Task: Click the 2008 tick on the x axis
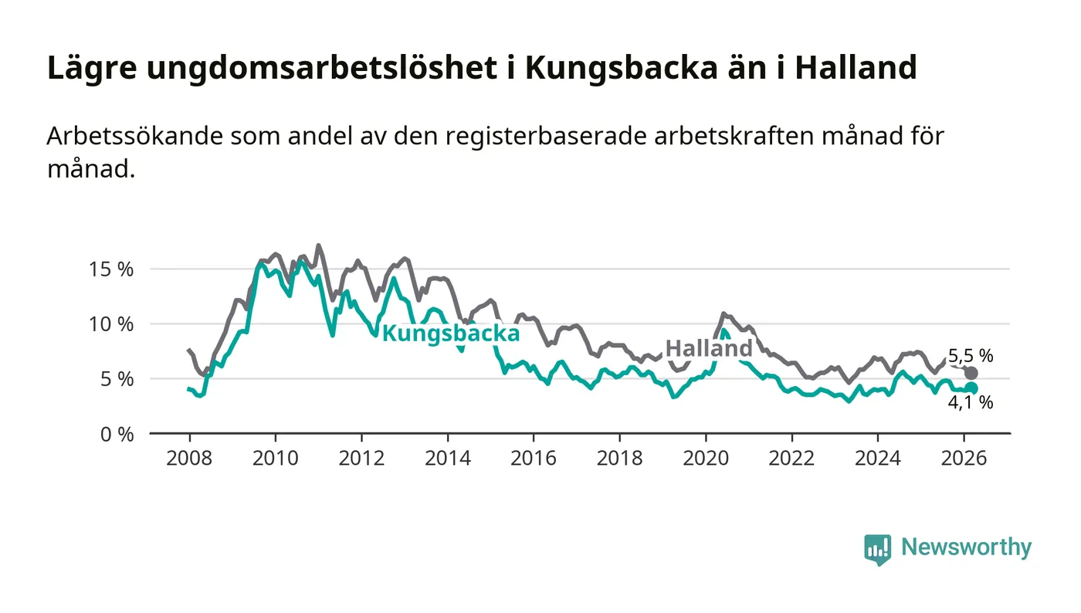pos(189,458)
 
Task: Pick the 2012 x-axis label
pos(361,458)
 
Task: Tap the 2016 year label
pos(534,458)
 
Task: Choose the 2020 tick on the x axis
pos(706,458)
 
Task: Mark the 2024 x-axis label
pos(878,458)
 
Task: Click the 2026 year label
pos(964,458)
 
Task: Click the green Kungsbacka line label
pos(451,334)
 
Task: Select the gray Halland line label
pos(709,348)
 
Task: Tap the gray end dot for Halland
pos(971,374)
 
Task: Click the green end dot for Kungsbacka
pos(971,388)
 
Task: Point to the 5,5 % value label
pos(971,356)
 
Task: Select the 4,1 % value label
pos(971,402)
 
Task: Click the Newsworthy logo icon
pos(877,549)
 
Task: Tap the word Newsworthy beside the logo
pos(966,547)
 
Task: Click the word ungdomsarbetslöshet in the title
pos(321,68)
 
